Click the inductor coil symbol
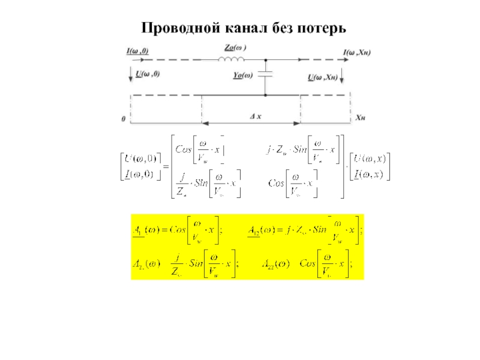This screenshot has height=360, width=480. coord(231,59)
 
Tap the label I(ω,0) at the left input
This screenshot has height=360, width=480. coord(137,52)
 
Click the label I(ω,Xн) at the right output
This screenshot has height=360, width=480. coord(356,53)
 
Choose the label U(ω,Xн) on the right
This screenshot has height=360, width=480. coord(322,77)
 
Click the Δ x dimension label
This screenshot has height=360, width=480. coord(255,116)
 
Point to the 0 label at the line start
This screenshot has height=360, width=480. coord(124,119)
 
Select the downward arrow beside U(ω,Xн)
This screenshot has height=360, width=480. coord(341,77)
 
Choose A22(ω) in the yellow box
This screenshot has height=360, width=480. coord(275,263)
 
